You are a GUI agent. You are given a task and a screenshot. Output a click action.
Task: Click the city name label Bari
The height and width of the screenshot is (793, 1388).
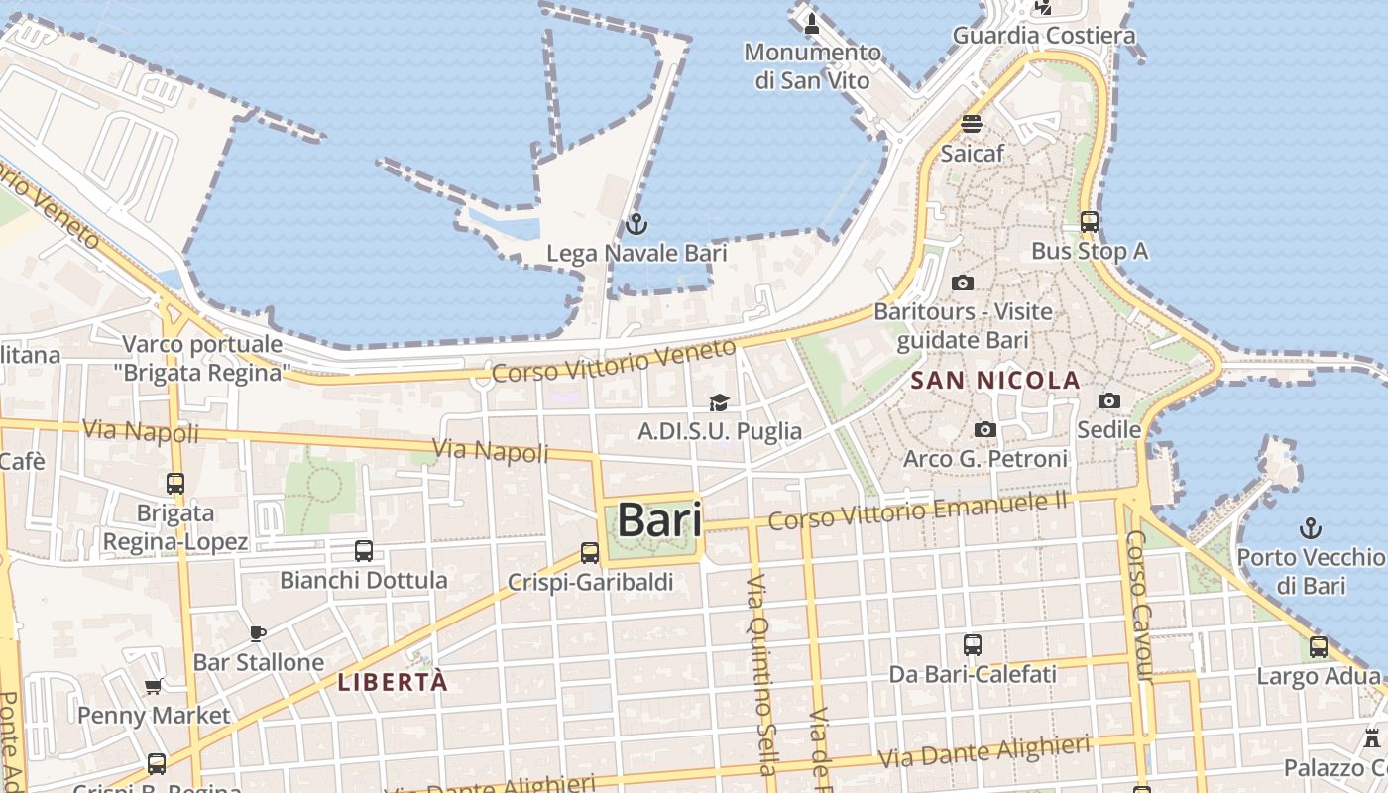coord(659,520)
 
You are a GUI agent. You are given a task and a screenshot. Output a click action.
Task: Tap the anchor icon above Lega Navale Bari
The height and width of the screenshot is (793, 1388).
coord(636,224)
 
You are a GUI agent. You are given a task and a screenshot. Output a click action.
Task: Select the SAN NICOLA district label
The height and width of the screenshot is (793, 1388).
coord(994,380)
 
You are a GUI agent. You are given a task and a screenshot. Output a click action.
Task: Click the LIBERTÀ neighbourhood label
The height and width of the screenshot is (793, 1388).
coord(393,682)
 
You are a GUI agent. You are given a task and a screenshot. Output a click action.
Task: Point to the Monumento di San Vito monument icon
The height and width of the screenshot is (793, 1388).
coord(812,23)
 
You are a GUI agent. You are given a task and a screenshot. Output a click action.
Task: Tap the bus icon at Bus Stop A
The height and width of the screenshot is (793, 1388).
coord(1090,222)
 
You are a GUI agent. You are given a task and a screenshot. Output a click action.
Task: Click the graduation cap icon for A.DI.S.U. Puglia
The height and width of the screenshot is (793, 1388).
coord(719,402)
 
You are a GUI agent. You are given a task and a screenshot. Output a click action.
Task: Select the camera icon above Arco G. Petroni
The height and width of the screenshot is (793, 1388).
coord(984,429)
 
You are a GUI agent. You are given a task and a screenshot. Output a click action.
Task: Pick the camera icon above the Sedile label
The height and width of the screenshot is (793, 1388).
coord(1109,400)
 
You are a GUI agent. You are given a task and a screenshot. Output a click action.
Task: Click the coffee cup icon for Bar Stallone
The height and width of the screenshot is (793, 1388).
coord(258,633)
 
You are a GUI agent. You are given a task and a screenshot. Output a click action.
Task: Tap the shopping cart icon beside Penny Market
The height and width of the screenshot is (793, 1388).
coord(154,686)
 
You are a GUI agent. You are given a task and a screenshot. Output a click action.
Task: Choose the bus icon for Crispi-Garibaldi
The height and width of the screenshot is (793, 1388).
coord(590,553)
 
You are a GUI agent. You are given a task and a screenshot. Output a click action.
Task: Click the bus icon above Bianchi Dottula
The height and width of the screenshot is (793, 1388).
coord(364,551)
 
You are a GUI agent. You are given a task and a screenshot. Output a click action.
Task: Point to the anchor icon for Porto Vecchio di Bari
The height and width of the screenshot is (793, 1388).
coord(1311,528)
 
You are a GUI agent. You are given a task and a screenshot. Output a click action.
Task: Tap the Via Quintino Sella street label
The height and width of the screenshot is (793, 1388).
coord(758,674)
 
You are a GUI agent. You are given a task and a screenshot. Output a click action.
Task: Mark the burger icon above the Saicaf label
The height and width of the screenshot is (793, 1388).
coord(972,125)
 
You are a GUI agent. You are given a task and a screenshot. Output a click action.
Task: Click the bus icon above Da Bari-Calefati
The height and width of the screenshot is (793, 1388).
coord(973,645)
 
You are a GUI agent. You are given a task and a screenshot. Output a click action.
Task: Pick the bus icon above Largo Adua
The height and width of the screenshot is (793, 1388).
coord(1319,647)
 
